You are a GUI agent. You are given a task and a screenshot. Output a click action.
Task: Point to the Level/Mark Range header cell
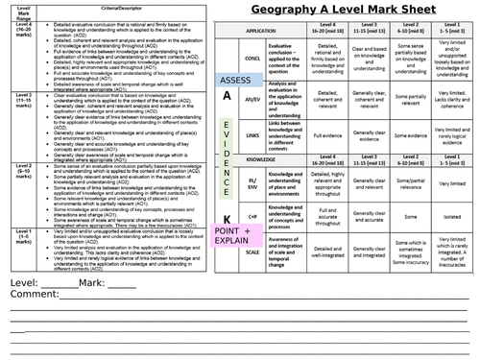coord(16,13)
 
